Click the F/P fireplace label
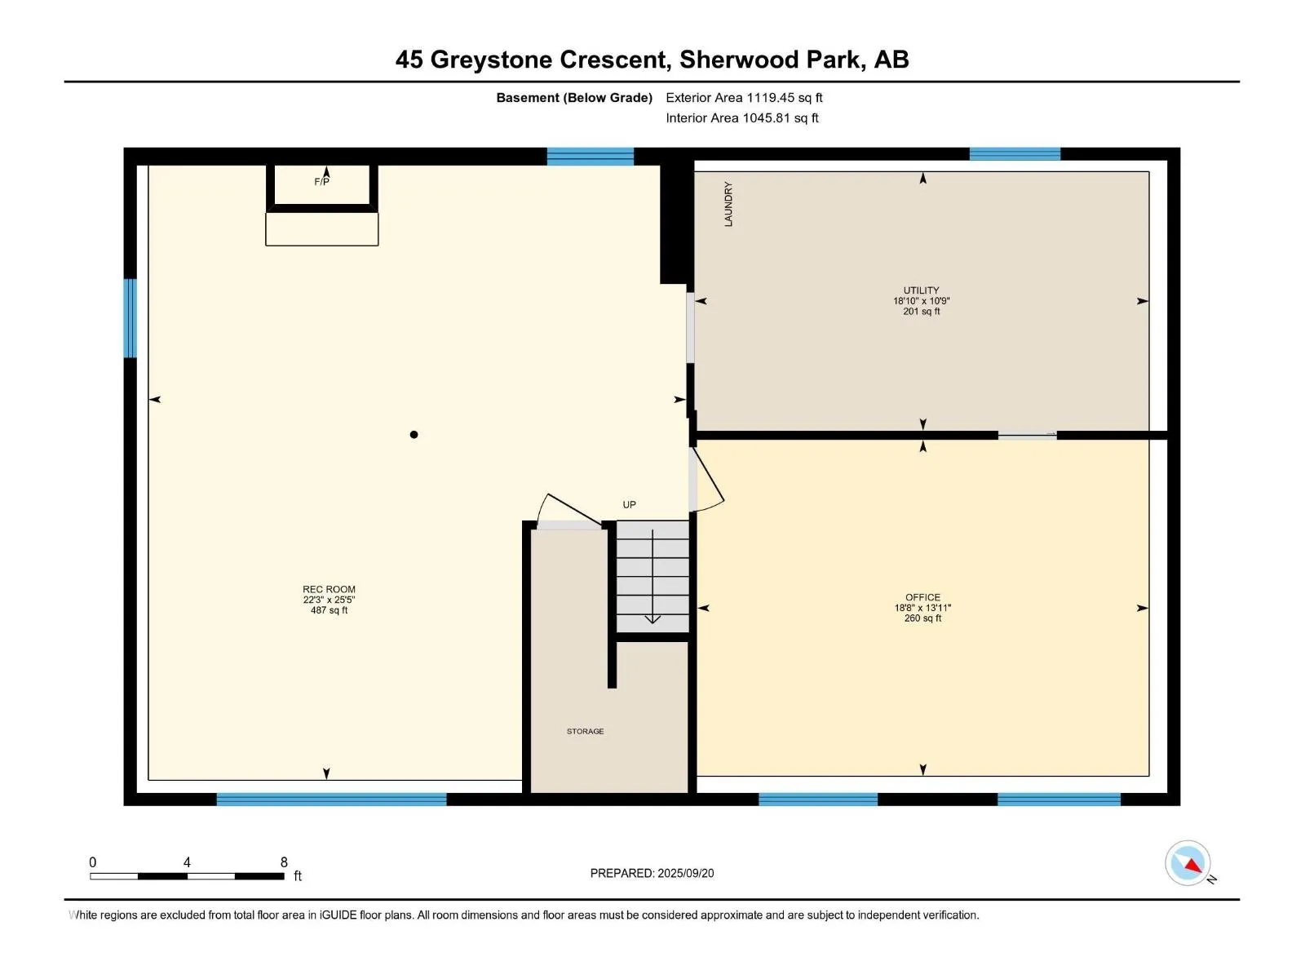click(x=321, y=182)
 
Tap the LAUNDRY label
click(x=728, y=204)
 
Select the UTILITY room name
click(x=921, y=290)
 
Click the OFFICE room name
click(x=922, y=597)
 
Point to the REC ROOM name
click(x=329, y=589)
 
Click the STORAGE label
click(x=585, y=731)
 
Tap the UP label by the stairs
click(x=629, y=505)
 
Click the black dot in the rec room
click(x=414, y=435)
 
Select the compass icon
click(x=1188, y=863)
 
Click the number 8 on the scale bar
click(x=284, y=862)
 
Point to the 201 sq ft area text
click(x=922, y=311)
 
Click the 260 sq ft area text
click(x=922, y=618)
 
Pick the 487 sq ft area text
click(x=329, y=610)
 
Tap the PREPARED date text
click(x=652, y=873)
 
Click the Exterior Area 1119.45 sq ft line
click(x=744, y=97)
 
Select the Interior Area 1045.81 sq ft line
click(x=742, y=117)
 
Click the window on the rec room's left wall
click(x=130, y=318)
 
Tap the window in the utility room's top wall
click(x=1015, y=154)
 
